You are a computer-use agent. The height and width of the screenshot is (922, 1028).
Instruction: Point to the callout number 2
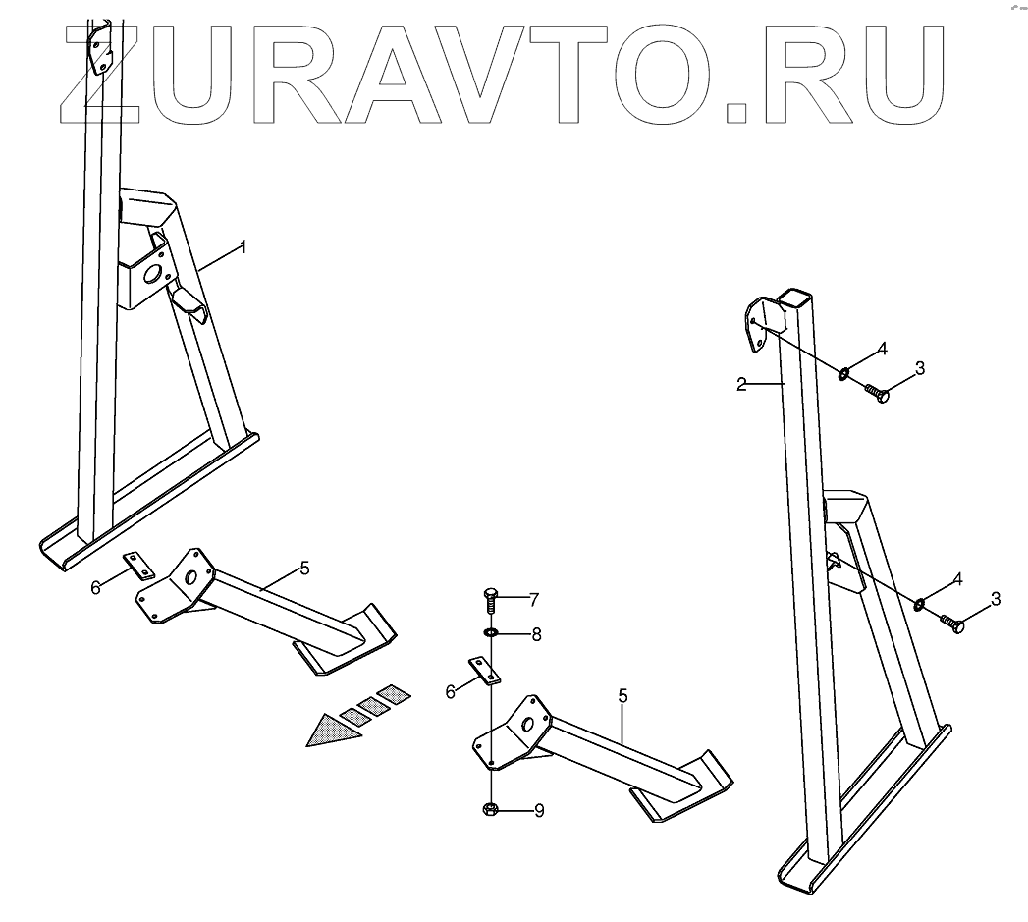(743, 384)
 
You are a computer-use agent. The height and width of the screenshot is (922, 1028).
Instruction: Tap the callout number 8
(536, 634)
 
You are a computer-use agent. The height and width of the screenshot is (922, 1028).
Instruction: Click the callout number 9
(538, 811)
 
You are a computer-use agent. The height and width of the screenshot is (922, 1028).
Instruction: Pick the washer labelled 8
(491, 633)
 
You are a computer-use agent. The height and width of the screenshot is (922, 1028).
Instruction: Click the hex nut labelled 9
(490, 809)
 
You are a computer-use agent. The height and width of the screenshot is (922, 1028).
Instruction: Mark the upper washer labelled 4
(843, 373)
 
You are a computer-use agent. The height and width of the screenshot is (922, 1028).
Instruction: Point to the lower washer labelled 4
(920, 603)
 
